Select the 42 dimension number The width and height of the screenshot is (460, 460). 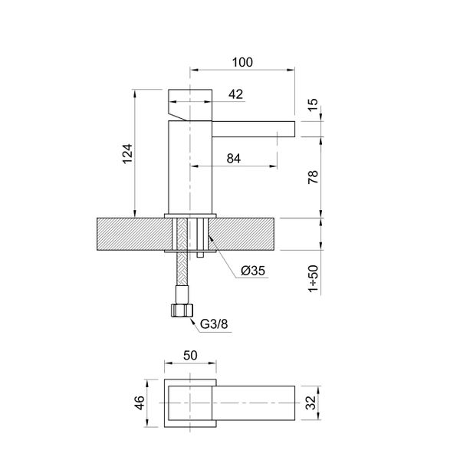[x=236, y=94]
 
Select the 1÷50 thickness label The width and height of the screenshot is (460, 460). [x=314, y=277]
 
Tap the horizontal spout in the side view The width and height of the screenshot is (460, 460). [x=253, y=128]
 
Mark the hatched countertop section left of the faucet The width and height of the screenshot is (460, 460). [x=130, y=235]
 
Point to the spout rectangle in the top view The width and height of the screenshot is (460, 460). [x=257, y=404]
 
